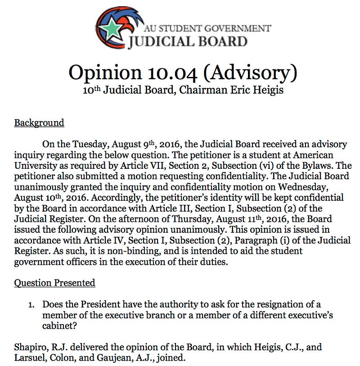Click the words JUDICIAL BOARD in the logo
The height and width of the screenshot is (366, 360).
(188, 42)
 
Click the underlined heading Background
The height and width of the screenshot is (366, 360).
(39, 122)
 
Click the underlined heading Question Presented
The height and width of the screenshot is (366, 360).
(54, 283)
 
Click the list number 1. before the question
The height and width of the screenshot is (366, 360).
(31, 305)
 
